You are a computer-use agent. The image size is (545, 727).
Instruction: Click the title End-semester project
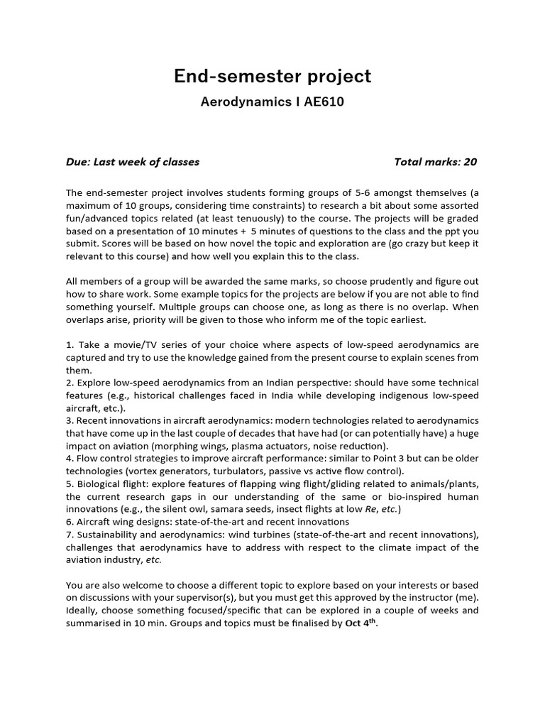click(272, 76)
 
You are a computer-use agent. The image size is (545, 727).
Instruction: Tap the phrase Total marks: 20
click(436, 162)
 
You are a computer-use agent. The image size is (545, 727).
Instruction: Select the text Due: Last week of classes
click(133, 162)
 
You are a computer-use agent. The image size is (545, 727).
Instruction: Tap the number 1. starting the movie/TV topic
click(70, 344)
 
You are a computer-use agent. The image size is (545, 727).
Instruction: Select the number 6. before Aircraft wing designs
click(70, 522)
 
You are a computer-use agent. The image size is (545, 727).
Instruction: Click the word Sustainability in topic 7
click(106, 535)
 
